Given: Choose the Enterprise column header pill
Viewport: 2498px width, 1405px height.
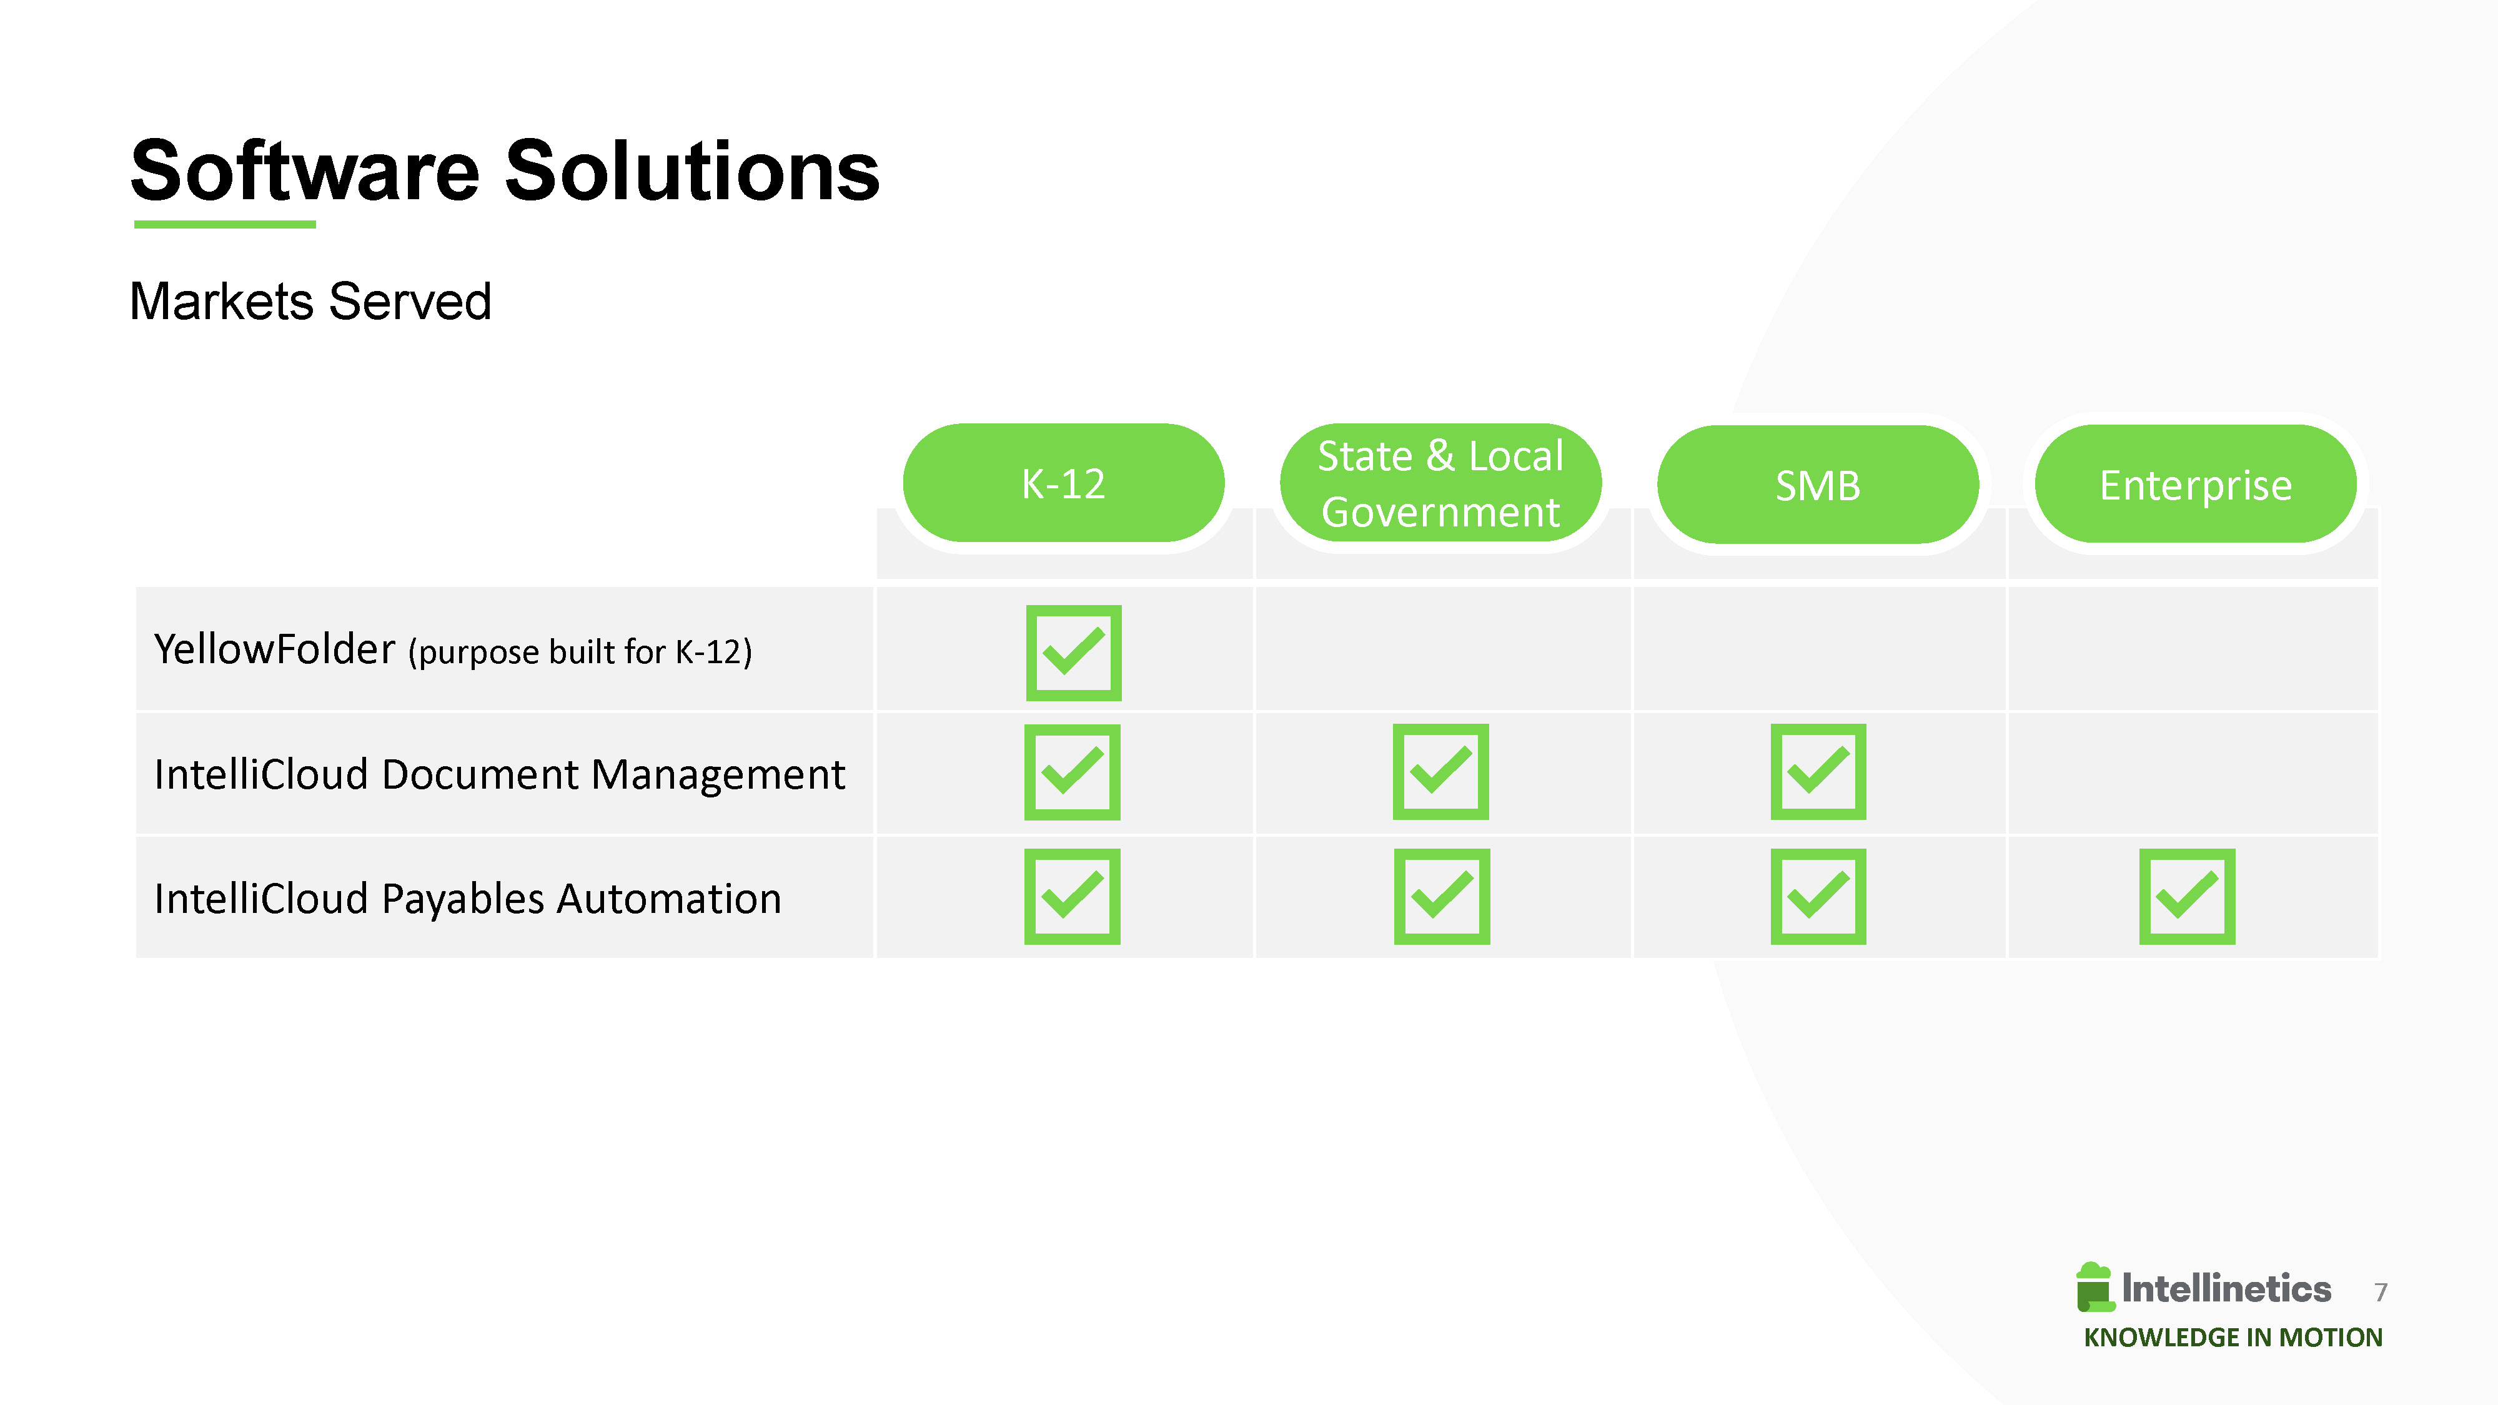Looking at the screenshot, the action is point(2196,484).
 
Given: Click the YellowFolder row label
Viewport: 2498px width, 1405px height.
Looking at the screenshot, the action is point(453,649).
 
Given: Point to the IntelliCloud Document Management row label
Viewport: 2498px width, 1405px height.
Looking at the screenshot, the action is point(499,774).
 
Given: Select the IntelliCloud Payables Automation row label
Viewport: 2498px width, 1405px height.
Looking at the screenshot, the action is point(467,898).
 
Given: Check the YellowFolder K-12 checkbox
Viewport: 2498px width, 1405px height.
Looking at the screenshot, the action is point(1074,653).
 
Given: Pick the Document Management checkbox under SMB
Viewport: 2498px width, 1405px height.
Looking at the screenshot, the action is point(1818,772).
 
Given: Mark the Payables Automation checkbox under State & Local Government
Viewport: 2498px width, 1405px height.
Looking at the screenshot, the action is point(1442,897).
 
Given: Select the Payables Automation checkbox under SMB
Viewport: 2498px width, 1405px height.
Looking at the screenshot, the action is point(1818,897).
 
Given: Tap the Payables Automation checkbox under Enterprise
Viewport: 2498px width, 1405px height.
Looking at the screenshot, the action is point(2187,897).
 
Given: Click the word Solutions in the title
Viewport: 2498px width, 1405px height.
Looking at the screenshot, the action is point(692,170).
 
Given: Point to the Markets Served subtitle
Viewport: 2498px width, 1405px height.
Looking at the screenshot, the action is point(310,300).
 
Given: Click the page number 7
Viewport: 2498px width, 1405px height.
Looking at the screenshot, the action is point(2381,1291).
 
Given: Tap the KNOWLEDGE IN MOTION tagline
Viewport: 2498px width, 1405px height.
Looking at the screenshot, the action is point(2233,1337).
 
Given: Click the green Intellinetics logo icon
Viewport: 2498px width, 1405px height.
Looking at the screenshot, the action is point(2094,1287).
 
